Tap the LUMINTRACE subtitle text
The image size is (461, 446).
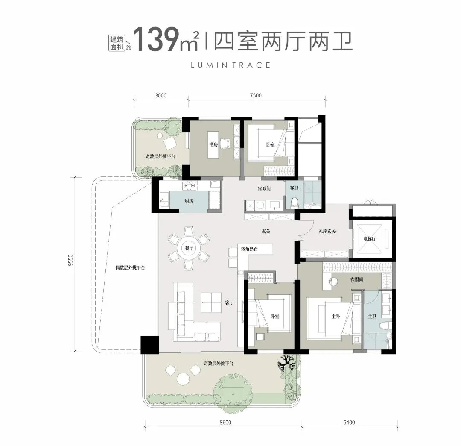point(230,65)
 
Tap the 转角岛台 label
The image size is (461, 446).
point(250,249)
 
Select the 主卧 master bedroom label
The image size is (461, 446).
point(336,317)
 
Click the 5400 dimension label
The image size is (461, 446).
point(349,423)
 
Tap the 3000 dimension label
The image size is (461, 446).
point(160,96)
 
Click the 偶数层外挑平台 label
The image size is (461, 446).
point(131,268)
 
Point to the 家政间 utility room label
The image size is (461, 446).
point(264,188)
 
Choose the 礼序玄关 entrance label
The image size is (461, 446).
point(327,231)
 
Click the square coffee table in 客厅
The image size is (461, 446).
point(211,303)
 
